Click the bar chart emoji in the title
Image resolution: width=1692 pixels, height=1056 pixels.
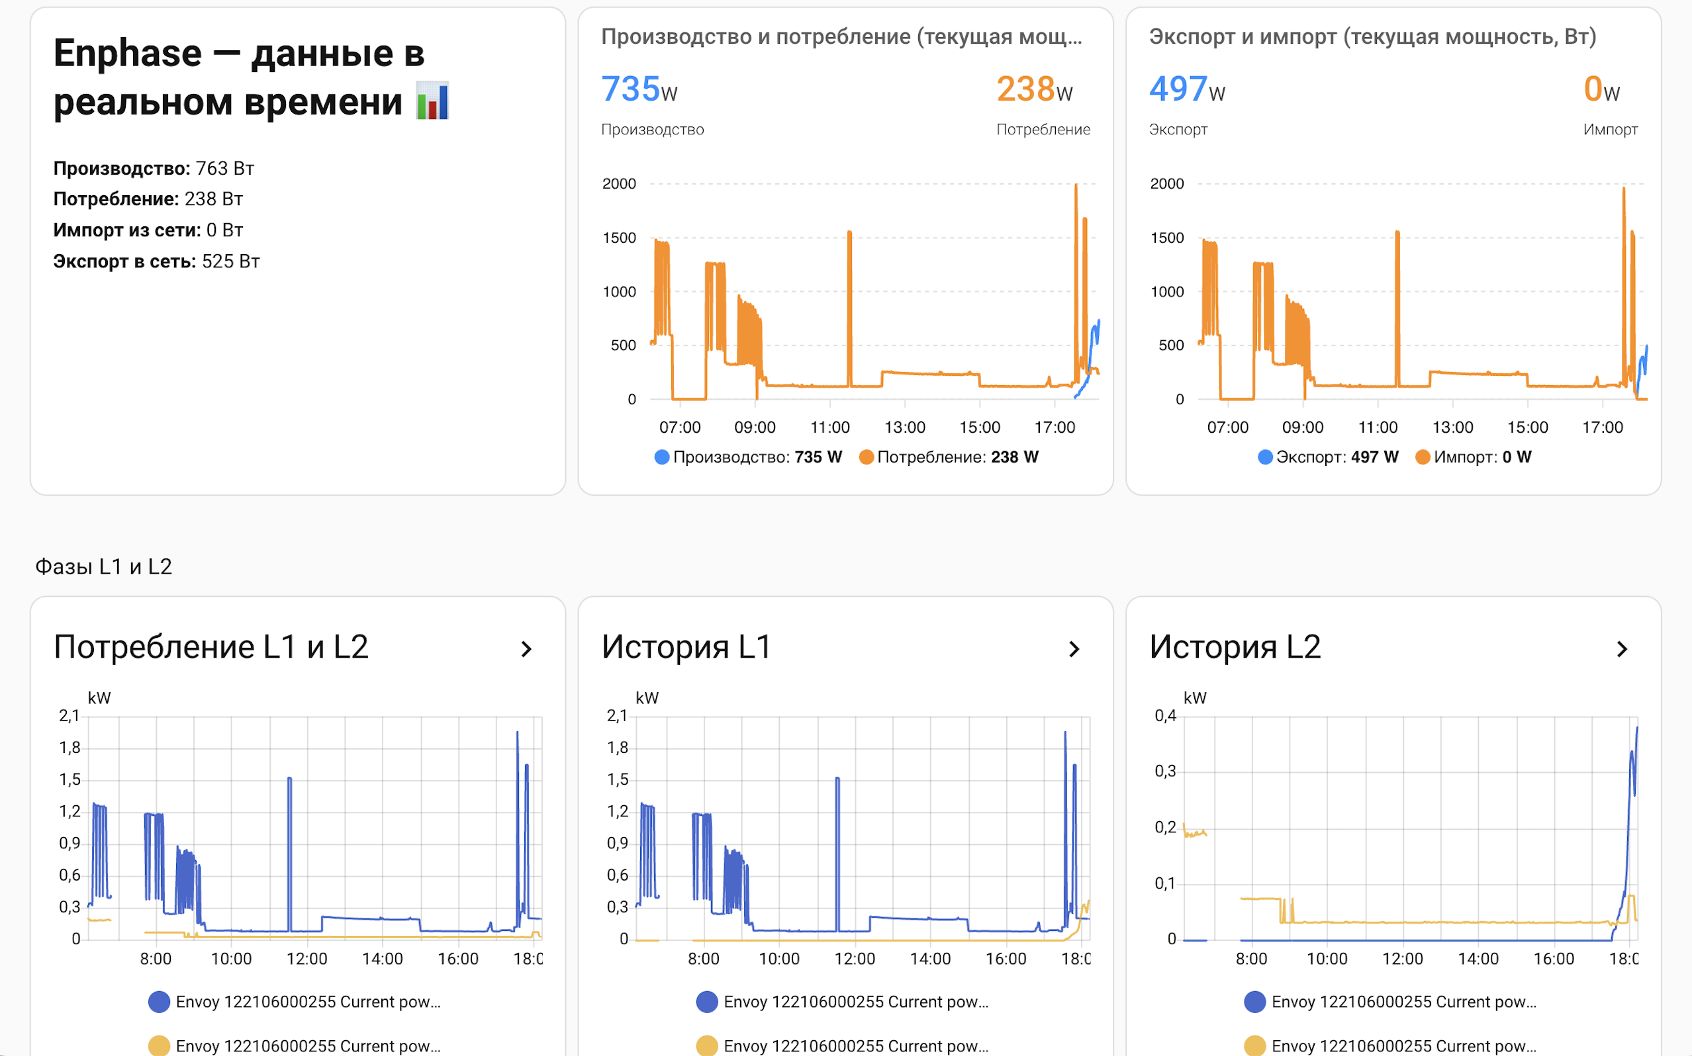click(x=432, y=101)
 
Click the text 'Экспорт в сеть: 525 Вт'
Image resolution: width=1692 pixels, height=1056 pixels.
click(x=156, y=261)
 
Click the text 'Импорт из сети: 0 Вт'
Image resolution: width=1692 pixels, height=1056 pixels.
click(x=148, y=230)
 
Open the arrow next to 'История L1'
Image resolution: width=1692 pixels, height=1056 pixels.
click(x=1074, y=650)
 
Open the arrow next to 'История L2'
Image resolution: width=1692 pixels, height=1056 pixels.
click(x=1621, y=650)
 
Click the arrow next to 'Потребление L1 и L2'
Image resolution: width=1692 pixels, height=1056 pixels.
click(x=526, y=650)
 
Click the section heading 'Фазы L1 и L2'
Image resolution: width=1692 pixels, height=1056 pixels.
click(x=103, y=566)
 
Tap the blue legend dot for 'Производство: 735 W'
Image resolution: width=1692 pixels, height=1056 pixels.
click(x=661, y=457)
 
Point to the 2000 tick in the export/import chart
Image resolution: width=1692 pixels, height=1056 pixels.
click(x=1166, y=184)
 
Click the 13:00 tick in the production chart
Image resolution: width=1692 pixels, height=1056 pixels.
click(x=904, y=427)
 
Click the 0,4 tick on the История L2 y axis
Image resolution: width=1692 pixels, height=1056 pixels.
click(x=1164, y=716)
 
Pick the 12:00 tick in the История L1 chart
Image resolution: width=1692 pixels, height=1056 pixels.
click(x=855, y=959)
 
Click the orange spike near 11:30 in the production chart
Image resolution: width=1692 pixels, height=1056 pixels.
click(x=849, y=307)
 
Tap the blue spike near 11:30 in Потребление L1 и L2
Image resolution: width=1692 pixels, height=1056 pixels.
click(x=289, y=852)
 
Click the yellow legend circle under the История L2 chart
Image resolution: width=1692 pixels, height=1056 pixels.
click(x=1254, y=1045)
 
